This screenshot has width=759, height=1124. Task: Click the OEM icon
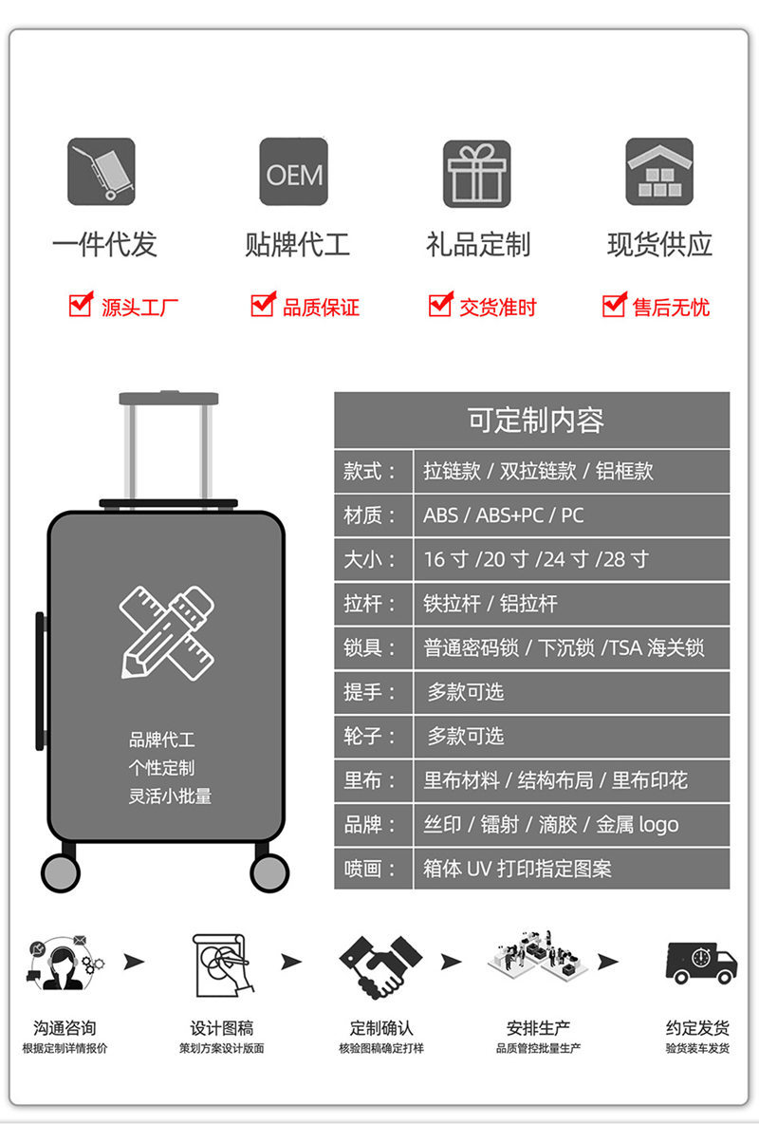(294, 172)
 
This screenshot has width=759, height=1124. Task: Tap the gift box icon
(477, 173)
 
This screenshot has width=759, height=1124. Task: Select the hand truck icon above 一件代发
(102, 172)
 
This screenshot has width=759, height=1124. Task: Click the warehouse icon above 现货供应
(659, 172)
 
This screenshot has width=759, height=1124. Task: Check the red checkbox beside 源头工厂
(81, 305)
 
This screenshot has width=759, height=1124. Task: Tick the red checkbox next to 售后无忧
(614, 305)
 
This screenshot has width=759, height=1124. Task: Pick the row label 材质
(372, 515)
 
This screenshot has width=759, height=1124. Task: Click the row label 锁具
(372, 647)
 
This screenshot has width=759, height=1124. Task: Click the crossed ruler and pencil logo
(167, 631)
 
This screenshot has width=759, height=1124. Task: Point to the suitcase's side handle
(41, 680)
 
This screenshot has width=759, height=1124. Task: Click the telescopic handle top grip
(169, 399)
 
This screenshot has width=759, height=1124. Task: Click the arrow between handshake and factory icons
(451, 962)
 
